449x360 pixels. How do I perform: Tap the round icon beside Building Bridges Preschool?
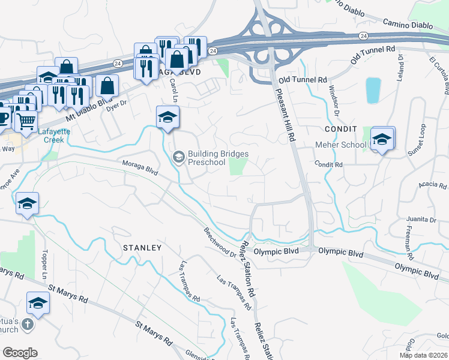178,157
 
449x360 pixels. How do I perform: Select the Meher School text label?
340,145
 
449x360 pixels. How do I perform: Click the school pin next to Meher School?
382,140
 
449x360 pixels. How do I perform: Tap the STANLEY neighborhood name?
142,247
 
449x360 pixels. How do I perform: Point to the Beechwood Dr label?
220,242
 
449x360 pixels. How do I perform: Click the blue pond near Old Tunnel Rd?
373,90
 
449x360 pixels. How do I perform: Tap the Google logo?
20,353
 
